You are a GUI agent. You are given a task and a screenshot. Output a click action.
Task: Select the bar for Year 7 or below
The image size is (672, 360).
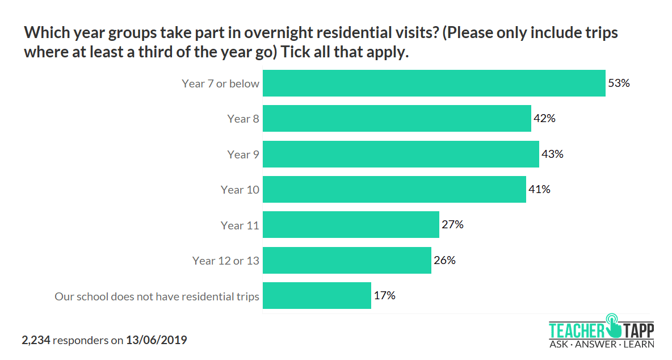coord(434,83)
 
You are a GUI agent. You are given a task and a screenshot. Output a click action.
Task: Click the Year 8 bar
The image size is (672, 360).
coord(397,119)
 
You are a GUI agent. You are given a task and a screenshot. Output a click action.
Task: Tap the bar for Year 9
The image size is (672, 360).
coord(401,154)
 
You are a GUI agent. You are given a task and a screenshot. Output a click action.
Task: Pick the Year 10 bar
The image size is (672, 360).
coord(394,190)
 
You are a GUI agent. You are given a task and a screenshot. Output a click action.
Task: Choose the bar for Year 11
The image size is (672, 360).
coord(351,225)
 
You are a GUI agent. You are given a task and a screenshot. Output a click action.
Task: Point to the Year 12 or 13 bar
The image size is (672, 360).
coord(347,261)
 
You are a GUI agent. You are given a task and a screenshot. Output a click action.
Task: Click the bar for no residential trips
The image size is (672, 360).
coord(317,296)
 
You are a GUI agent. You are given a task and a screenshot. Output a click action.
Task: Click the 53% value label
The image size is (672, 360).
coord(619,83)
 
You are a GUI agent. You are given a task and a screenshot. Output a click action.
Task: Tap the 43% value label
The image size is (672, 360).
coord(552,154)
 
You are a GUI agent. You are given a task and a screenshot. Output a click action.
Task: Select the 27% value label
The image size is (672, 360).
coord(452,225)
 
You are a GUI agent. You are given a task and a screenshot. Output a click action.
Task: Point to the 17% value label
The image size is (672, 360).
coord(384,296)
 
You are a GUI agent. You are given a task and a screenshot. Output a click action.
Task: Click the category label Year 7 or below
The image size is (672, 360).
coord(220,83)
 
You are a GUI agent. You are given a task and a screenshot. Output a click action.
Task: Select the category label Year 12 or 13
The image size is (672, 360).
coord(225,261)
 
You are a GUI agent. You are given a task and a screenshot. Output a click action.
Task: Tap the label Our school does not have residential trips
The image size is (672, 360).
coord(157,296)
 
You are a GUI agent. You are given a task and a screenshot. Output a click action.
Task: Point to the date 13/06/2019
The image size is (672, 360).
coord(156,340)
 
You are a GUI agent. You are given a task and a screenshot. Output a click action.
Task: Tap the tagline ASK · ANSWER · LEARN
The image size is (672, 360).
coord(601,344)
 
